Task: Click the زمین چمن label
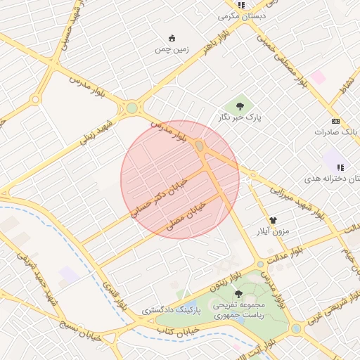click(172, 51)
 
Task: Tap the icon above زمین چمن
click(172, 39)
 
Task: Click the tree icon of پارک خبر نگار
click(240, 107)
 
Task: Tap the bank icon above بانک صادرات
click(335, 120)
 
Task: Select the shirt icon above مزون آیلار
click(272, 219)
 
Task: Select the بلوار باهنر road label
click(196, 53)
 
